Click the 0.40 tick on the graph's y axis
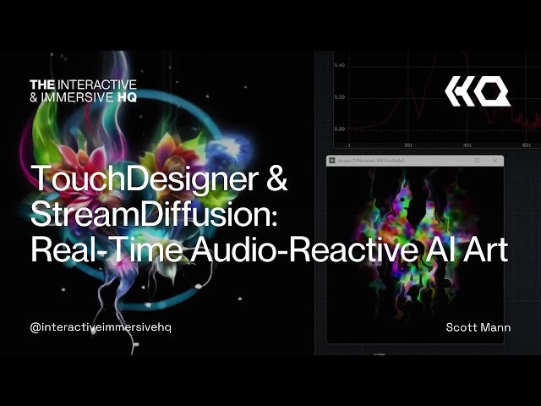pyautogui.click(x=339, y=65)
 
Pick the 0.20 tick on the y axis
pyautogui.click(x=339, y=97)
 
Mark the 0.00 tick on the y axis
pyautogui.click(x=339, y=129)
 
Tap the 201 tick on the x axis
pyautogui.click(x=408, y=145)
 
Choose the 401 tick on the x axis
pyautogui.click(x=467, y=145)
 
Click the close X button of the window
pyautogui.click(x=495, y=160)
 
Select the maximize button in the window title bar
pyautogui.click(x=477, y=160)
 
